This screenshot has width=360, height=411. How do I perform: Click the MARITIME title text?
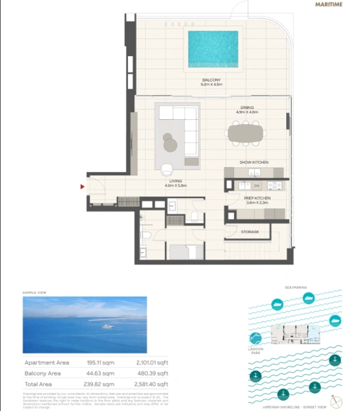[329, 5]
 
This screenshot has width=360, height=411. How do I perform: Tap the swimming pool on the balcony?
[214, 49]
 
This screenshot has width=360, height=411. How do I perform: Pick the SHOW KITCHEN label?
[253, 162]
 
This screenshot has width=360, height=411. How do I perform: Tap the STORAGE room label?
[250, 232]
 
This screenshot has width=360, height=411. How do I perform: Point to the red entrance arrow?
[83, 186]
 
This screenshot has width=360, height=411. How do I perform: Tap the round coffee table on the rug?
[170, 142]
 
